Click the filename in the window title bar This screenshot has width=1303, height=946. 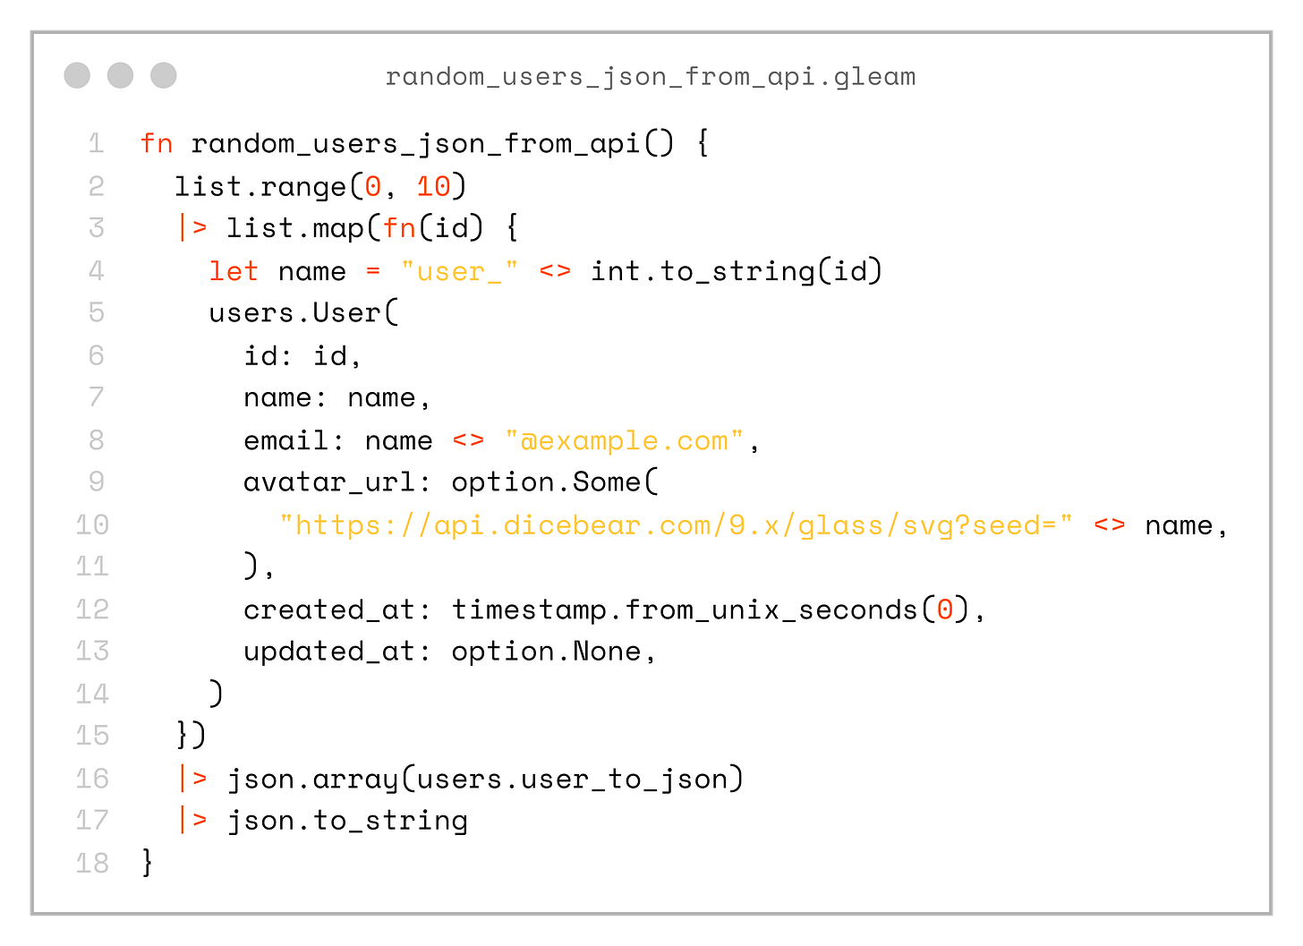coord(651,76)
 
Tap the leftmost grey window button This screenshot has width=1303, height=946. coord(77,75)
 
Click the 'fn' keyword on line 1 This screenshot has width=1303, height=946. coord(157,143)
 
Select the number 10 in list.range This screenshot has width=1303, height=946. coord(434,186)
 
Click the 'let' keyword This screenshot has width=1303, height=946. coord(234,270)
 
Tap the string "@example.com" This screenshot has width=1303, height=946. coord(625,440)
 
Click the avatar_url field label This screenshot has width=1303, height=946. coord(328,482)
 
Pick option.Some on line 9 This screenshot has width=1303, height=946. coord(546,482)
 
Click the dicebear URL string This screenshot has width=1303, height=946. coord(676,524)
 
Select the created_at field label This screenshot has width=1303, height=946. coord(328,609)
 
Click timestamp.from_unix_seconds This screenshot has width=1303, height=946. coord(685,609)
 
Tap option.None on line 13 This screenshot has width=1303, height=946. coord(546,652)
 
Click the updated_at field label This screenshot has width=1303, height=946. coord(328,652)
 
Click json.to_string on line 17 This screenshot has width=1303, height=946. coord(347,821)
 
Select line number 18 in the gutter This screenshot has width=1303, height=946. coord(92,863)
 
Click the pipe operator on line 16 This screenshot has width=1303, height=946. coord(192,779)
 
